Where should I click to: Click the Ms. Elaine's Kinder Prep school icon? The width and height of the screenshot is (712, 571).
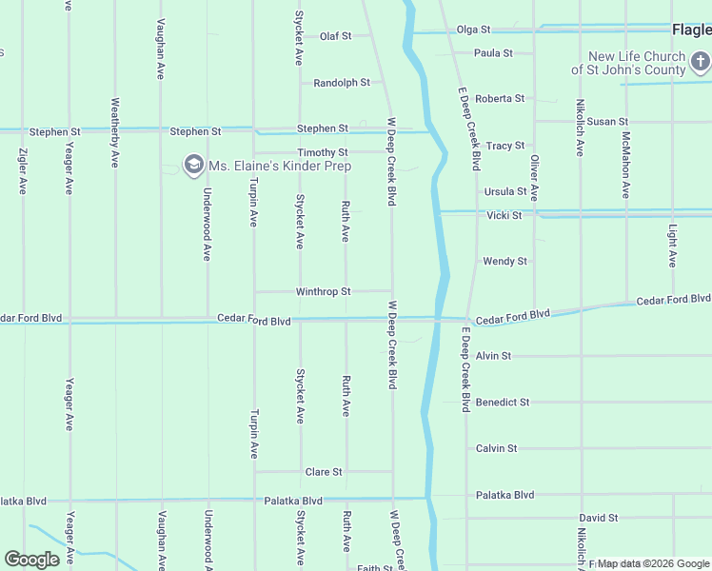point(194,166)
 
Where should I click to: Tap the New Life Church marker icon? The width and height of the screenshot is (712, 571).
point(701,63)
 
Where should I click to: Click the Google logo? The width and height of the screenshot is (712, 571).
point(31,560)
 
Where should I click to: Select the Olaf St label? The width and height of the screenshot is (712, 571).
point(335,36)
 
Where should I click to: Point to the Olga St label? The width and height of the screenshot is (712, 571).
point(473,30)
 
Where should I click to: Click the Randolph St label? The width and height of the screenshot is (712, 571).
point(342,83)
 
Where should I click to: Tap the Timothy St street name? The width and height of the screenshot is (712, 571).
point(322,152)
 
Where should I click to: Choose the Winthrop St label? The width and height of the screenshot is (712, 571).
point(324,291)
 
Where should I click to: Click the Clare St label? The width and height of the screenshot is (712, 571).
point(323,471)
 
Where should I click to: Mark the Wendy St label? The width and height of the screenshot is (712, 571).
point(504,261)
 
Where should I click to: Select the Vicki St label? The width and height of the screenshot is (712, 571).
point(504,216)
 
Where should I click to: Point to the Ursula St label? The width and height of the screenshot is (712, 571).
point(505,191)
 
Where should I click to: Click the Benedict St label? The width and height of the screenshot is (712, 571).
point(503,403)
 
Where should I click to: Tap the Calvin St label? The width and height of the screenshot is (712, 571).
point(496,448)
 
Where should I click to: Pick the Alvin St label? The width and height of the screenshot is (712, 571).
point(493,356)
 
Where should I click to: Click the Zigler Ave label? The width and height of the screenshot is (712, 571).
point(23,172)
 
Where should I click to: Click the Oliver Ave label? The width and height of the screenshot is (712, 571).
point(534,178)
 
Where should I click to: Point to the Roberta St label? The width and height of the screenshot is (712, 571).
point(500,99)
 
